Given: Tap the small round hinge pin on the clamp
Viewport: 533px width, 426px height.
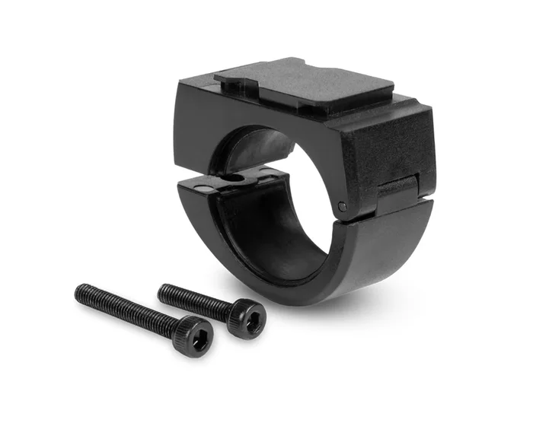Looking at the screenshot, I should (342, 206).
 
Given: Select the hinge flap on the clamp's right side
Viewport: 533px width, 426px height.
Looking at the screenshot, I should (397, 194).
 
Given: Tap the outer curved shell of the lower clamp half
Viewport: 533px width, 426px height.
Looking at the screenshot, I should (358, 259).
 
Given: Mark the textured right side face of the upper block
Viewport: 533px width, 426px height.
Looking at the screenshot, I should (385, 145).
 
